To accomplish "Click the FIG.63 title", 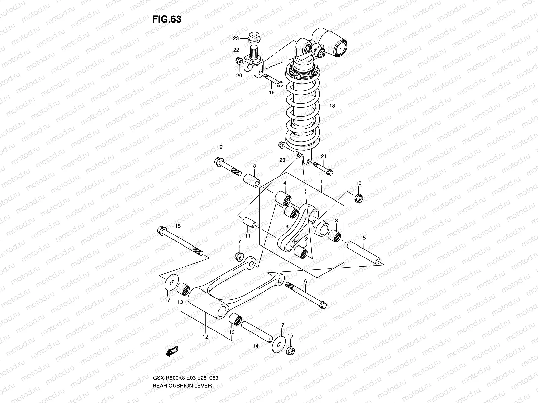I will click(167, 19).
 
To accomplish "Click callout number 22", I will click(236, 50).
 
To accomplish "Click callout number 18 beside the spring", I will click(332, 106).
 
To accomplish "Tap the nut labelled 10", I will click(359, 198).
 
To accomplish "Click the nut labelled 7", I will click(239, 256).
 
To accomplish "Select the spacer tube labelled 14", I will click(257, 330).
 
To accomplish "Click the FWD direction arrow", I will click(172, 351).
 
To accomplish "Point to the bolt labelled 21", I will click(322, 168).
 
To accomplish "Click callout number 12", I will click(206, 337).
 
